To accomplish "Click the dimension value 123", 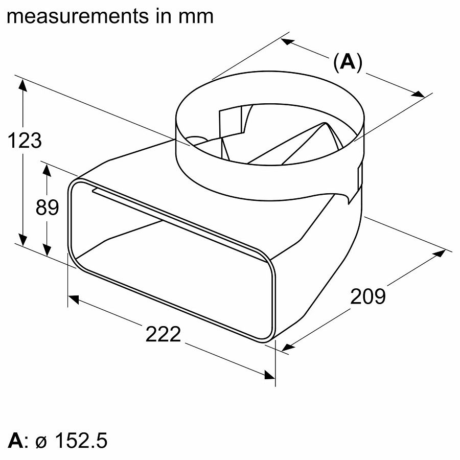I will (x=25, y=140).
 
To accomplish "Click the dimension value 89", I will (x=47, y=208).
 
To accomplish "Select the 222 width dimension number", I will (x=163, y=334).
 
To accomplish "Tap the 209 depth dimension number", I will (x=367, y=296).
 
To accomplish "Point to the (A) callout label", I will (x=347, y=62).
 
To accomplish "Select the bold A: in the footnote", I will (x=19, y=441).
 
